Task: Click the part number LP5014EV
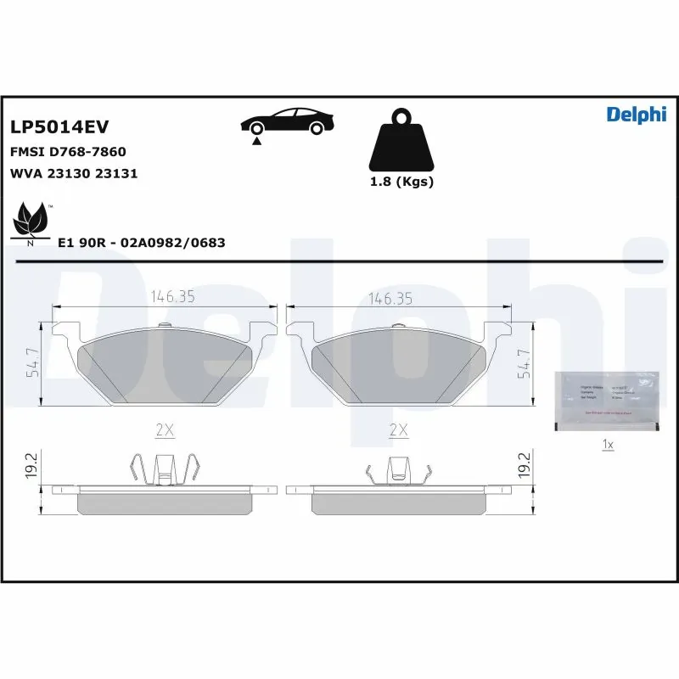[59, 127]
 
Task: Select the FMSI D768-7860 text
[68, 152]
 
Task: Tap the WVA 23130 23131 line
[74, 173]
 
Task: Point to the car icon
[286, 123]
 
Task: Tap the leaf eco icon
[31, 220]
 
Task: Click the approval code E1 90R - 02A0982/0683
[141, 243]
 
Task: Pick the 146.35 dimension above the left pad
[173, 297]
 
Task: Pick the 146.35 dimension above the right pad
[390, 297]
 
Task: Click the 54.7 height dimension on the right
[525, 363]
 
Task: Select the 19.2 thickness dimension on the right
[523, 467]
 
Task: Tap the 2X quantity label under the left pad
[165, 430]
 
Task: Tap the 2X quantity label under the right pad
[398, 430]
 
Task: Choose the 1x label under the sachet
[607, 444]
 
